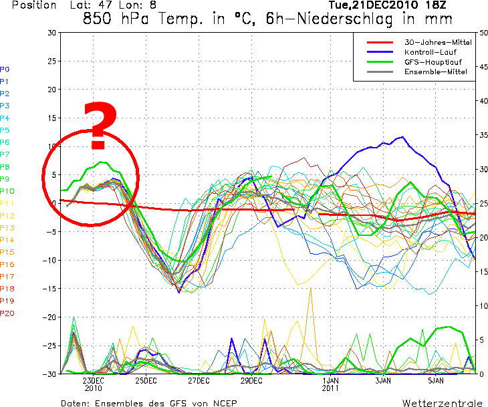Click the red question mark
pyautogui.click(x=98, y=126)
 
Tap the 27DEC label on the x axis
pyautogui.click(x=198, y=380)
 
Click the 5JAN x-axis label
pyautogui.click(x=436, y=380)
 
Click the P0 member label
pyautogui.click(x=5, y=69)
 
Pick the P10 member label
pyautogui.click(x=7, y=191)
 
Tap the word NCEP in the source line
pyautogui.click(x=224, y=403)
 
